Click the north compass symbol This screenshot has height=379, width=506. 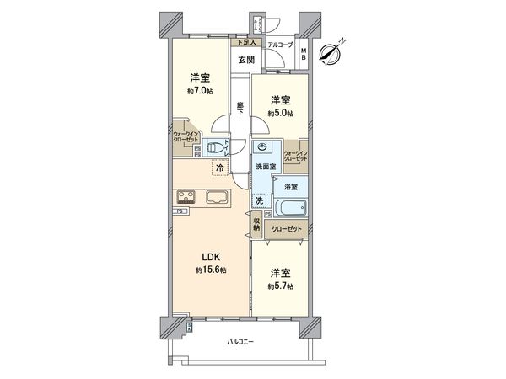pyautogui.click(x=331, y=51)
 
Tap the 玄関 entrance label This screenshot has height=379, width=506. pyautogui.click(x=245, y=60)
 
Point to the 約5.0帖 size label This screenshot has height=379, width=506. pyautogui.click(x=280, y=111)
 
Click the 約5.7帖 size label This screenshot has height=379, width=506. pyautogui.click(x=281, y=286)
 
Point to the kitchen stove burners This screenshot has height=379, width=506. pyautogui.click(x=186, y=199)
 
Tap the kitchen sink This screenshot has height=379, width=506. pyautogui.click(x=216, y=199)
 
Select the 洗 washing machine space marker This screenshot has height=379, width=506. pyautogui.click(x=260, y=200)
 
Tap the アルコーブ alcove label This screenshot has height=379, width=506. pyautogui.click(x=280, y=44)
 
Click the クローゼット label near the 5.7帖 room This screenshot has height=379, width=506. pyautogui.click(x=287, y=227)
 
